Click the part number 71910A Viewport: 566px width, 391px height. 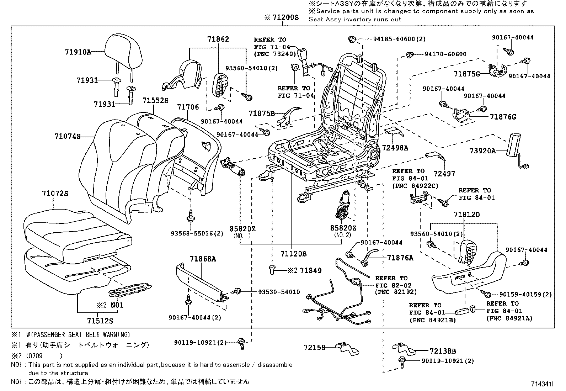[x=78, y=52]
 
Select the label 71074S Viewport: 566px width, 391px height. [x=68, y=136]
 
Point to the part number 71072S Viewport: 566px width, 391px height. [x=55, y=194]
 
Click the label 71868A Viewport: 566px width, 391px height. [x=203, y=259]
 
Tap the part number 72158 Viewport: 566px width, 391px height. [x=314, y=347]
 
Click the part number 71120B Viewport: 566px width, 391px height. [x=293, y=254]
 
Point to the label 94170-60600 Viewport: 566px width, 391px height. [x=445, y=54]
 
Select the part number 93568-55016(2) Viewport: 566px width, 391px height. [x=192, y=233]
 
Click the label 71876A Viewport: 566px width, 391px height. [x=400, y=258]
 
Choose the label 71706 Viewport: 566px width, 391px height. [x=189, y=107]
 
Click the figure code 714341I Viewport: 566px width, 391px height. [x=542, y=384]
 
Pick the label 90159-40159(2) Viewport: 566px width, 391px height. [x=525, y=295]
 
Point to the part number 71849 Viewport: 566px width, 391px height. [x=310, y=271]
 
